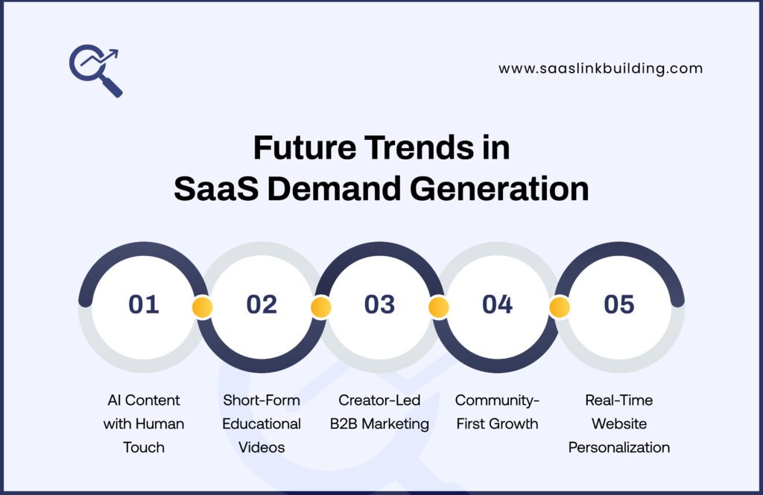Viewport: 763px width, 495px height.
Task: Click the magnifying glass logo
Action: pyautogui.click(x=95, y=71)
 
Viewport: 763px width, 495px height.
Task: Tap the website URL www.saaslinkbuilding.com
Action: pyautogui.click(x=601, y=68)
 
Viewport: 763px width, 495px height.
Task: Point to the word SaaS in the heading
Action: pyautogui.click(x=215, y=189)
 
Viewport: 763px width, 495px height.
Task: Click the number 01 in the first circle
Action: pyautogui.click(x=144, y=304)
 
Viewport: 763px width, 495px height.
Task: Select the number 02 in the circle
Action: pyautogui.click(x=262, y=304)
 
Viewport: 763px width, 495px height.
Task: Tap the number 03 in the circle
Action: pyautogui.click(x=379, y=304)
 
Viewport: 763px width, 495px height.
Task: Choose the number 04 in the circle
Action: pyautogui.click(x=497, y=304)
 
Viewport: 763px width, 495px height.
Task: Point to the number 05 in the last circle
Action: pyautogui.click(x=619, y=304)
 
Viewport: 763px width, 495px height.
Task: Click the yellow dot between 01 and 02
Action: pyautogui.click(x=202, y=307)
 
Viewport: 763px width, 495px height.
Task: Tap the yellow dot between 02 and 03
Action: pyautogui.click(x=320, y=307)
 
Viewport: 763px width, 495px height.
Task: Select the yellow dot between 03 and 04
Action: pyautogui.click(x=438, y=307)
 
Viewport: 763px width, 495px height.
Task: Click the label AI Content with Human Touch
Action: pyautogui.click(x=144, y=424)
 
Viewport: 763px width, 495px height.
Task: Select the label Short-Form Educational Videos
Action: pyautogui.click(x=262, y=424)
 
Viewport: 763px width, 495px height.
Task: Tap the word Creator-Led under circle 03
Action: pyautogui.click(x=379, y=400)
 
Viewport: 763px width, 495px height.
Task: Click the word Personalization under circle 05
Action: pyautogui.click(x=619, y=447)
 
